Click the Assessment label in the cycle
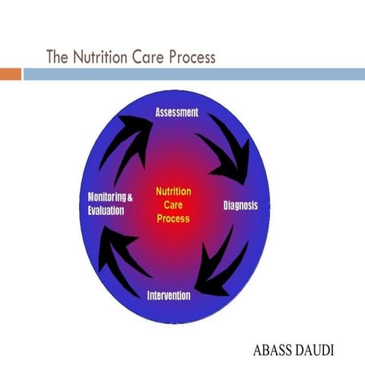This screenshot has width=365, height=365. [176, 113]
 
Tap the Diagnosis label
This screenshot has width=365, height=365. [240, 205]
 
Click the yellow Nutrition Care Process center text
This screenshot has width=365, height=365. [173, 205]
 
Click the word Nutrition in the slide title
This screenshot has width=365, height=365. [102, 57]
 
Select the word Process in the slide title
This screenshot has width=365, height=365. [189, 57]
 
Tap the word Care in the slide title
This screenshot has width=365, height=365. [148, 57]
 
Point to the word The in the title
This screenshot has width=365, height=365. [59, 57]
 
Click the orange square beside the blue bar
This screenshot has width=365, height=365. [10, 74]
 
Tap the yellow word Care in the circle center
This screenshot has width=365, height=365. [173, 205]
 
